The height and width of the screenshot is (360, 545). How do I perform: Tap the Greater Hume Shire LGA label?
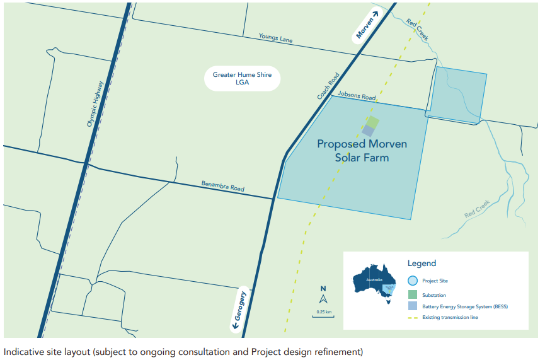pyautogui.click(x=242, y=79)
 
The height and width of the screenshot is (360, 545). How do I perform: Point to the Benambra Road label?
pyautogui.click(x=222, y=187)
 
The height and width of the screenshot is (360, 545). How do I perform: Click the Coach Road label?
pyautogui.click(x=328, y=86)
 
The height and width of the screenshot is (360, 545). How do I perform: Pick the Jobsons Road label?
pyautogui.click(x=357, y=96)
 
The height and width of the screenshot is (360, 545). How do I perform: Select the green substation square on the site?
pyautogui.click(x=373, y=121)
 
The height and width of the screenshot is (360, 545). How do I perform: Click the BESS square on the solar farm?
pyautogui.click(x=368, y=131)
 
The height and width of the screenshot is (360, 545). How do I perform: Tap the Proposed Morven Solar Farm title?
pyautogui.click(x=362, y=151)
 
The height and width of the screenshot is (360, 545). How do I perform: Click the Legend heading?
pyautogui.click(x=422, y=264)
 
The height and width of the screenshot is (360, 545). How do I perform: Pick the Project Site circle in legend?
pyautogui.click(x=413, y=281)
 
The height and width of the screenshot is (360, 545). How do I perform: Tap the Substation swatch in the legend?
pyautogui.click(x=413, y=294)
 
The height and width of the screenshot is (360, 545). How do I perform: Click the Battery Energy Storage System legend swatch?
pyautogui.click(x=413, y=306)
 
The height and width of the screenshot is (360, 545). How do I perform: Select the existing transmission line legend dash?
pyautogui.click(x=413, y=317)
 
